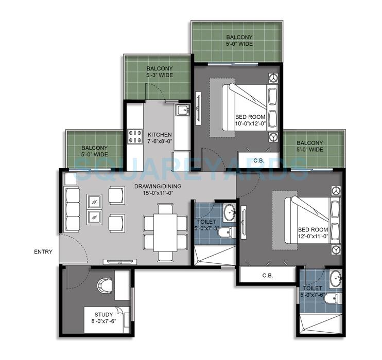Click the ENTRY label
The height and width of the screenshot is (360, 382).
(43, 252)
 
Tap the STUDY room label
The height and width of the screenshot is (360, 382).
(103, 314)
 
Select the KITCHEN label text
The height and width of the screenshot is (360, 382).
(160, 135)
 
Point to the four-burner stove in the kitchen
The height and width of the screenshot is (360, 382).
(135, 136)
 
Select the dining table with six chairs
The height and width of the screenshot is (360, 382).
(165, 232)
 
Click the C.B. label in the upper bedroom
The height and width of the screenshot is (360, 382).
(259, 161)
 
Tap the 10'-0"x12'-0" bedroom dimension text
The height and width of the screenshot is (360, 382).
(251, 123)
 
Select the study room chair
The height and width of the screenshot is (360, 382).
(105, 284)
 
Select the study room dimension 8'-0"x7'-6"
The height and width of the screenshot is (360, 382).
(103, 321)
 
